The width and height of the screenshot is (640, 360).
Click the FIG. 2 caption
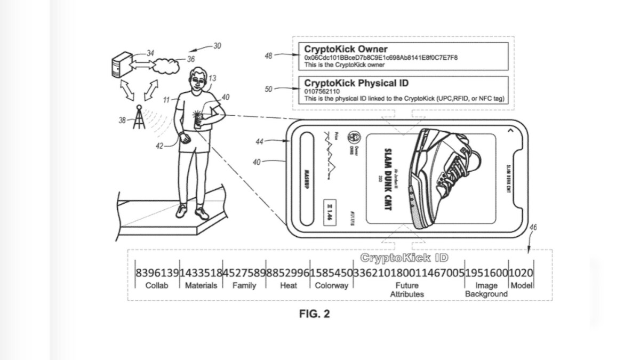(314, 314)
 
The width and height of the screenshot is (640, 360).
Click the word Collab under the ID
(157, 285)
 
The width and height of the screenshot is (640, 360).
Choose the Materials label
(201, 285)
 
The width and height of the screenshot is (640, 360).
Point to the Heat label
(289, 285)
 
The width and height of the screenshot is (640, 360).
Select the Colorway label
(331, 285)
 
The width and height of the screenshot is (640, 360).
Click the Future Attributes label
(407, 290)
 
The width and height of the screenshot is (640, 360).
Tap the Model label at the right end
(522, 285)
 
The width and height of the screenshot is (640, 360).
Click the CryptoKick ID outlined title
(404, 259)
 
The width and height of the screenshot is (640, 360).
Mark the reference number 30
(217, 46)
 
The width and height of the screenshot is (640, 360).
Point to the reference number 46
(533, 228)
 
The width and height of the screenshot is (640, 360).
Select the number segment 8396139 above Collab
(157, 273)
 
